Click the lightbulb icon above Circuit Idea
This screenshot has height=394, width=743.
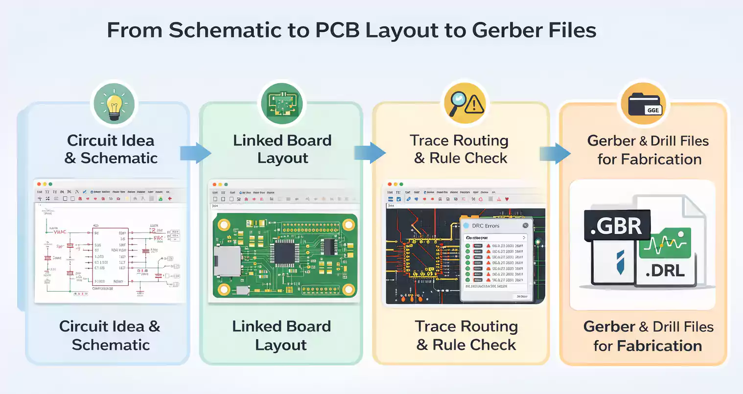point(114,104)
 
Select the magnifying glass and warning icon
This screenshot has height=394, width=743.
point(465,103)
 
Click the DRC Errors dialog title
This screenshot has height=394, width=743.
point(486,226)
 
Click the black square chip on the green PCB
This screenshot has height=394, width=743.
point(284,253)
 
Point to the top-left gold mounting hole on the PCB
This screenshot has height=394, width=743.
point(224,225)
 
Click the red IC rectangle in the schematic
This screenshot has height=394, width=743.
point(111,256)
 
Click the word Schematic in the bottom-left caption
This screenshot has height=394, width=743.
point(111,345)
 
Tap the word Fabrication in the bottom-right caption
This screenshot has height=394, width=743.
point(659,346)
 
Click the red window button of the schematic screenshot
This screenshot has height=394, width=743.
point(39,184)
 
